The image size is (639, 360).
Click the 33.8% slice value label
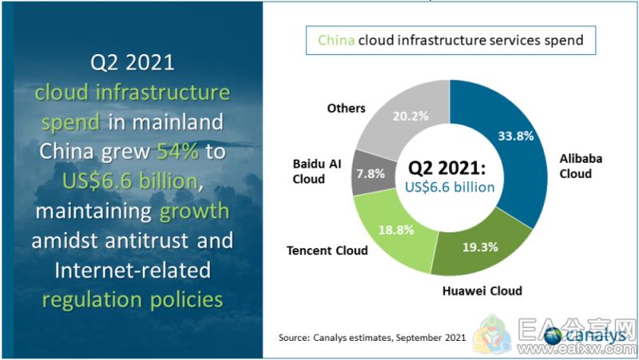click(515, 136)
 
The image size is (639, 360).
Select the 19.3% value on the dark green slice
click(480, 247)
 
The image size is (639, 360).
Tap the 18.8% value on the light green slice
click(396, 230)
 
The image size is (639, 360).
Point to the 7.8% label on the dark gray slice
click(371, 174)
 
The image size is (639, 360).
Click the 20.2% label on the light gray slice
click(411, 116)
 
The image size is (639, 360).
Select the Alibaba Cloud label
click(581, 166)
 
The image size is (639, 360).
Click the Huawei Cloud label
click(482, 291)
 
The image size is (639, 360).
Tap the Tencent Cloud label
click(327, 251)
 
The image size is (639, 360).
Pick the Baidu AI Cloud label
click(316, 172)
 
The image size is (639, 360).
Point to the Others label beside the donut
click(346, 109)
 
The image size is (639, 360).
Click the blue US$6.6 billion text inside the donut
click(450, 187)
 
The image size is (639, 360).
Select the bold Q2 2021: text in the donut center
click(447, 168)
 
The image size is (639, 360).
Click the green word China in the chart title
click(335, 40)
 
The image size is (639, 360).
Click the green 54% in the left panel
click(177, 151)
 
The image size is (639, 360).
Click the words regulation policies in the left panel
click(133, 300)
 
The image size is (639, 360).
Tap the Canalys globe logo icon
click(553, 336)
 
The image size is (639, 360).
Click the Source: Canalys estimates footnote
click(372, 338)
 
